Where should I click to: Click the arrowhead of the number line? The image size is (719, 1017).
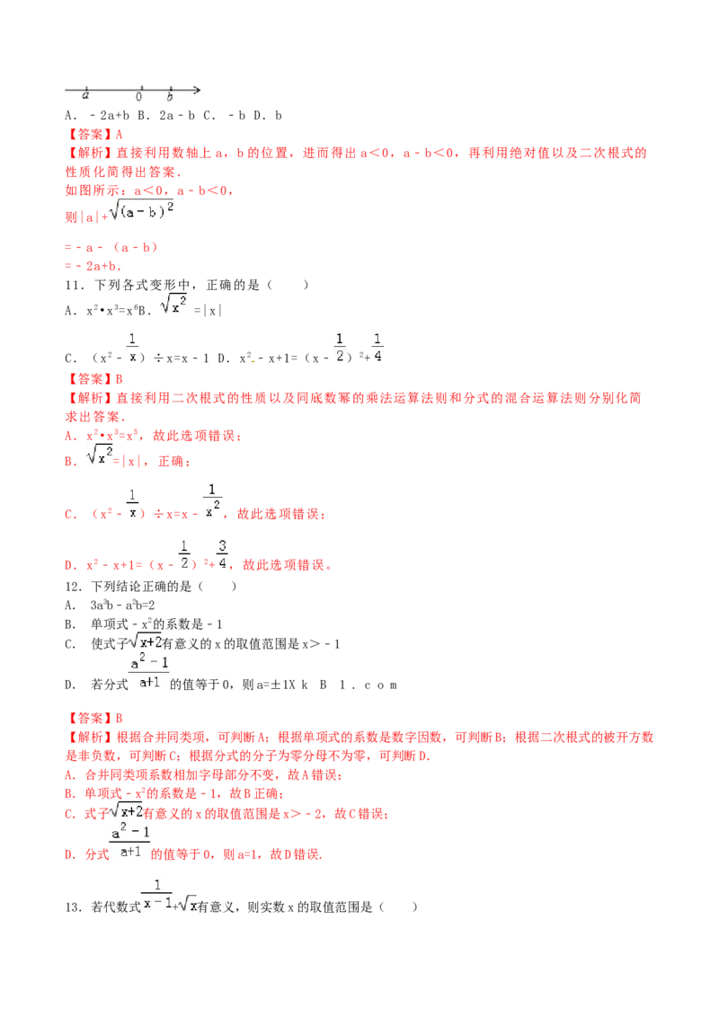pos(197,90)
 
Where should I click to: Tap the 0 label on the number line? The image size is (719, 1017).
pos(139,97)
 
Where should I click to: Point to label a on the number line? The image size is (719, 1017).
pos(85,96)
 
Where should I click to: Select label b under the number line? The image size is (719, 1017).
pos(170,97)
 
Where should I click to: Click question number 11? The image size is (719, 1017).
pos(74,286)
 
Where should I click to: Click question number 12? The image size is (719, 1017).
pos(74,587)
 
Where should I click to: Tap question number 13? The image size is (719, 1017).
pos(74,907)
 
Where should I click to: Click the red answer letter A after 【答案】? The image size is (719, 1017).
pos(119,134)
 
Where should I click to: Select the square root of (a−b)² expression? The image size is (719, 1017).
pos(141,210)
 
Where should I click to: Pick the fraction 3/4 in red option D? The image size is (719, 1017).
pos(222,554)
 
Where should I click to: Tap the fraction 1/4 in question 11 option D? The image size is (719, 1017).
pos(377,348)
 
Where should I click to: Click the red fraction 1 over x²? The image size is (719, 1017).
pos(212,500)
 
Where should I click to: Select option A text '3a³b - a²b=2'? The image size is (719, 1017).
pos(122,606)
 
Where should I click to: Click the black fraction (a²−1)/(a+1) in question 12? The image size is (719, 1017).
pos(149,672)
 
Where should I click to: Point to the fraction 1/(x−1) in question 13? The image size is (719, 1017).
pos(157,893)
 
